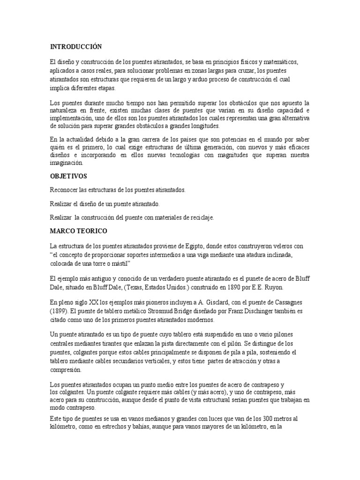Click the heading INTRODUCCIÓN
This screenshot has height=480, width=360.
[75, 47]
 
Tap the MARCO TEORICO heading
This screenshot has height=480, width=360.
[78, 231]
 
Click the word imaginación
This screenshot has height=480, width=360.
[66, 163]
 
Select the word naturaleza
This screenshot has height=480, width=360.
[64, 110]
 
